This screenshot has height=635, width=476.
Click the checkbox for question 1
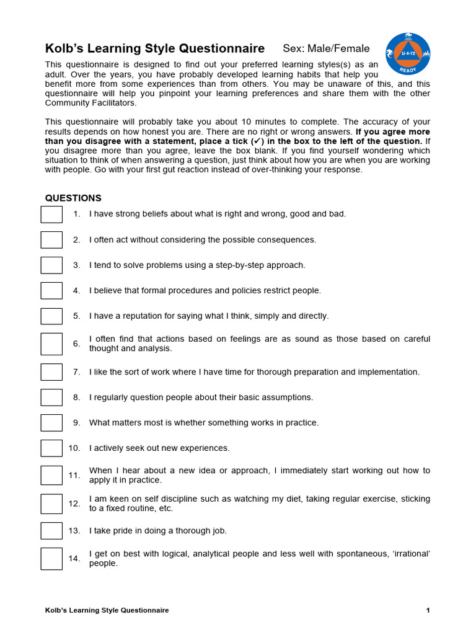[51, 214]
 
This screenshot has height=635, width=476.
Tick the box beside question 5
[51, 316]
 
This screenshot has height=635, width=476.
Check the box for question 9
[51, 422]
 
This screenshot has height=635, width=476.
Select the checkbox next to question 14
[51, 558]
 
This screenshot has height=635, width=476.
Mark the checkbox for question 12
[51, 504]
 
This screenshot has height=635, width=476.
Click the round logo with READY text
[408, 54]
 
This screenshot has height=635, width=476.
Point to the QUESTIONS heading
[73, 198]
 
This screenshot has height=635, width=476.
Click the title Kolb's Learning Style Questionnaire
[155, 48]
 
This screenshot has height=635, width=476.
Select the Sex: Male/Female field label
[326, 48]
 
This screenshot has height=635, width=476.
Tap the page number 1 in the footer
[428, 610]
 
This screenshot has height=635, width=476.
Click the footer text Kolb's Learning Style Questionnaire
[107, 610]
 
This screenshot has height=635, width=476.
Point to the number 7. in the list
[76, 372]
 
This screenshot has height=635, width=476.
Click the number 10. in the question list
[74, 448]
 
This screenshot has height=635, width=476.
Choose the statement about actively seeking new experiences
[159, 448]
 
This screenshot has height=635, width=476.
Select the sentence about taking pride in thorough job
[158, 531]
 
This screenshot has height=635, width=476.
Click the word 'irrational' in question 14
[408, 554]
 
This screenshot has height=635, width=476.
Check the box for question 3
[51, 265]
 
